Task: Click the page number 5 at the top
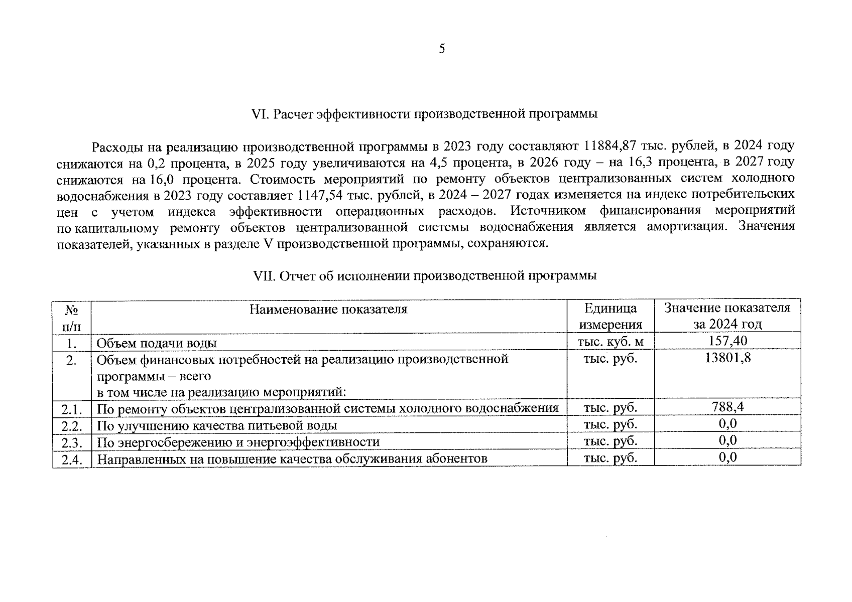442,49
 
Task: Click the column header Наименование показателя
329,309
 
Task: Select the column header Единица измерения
611,316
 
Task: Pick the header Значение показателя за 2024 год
727,316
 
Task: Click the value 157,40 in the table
727,341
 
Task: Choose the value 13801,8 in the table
727,358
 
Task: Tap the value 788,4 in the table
727,406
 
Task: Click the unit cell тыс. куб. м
611,342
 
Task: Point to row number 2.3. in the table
72,442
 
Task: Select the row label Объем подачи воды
157,343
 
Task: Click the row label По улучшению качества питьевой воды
216,426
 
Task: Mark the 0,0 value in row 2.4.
727,458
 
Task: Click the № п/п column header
72,317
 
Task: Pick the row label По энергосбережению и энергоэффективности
238,442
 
